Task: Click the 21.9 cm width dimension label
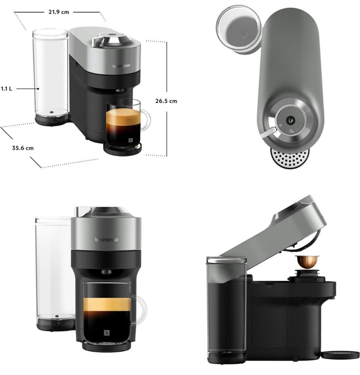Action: click(x=59, y=12)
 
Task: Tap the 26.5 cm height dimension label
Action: click(x=166, y=101)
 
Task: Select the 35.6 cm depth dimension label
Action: click(x=23, y=148)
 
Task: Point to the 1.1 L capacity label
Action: click(x=7, y=89)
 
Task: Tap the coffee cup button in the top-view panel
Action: click(x=291, y=120)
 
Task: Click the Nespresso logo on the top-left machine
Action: click(x=122, y=66)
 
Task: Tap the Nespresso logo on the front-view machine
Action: click(x=106, y=240)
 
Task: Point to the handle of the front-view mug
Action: click(x=139, y=309)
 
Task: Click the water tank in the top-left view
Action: click(x=51, y=77)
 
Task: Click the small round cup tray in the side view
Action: click(x=341, y=355)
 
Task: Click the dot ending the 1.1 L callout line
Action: click(x=38, y=89)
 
